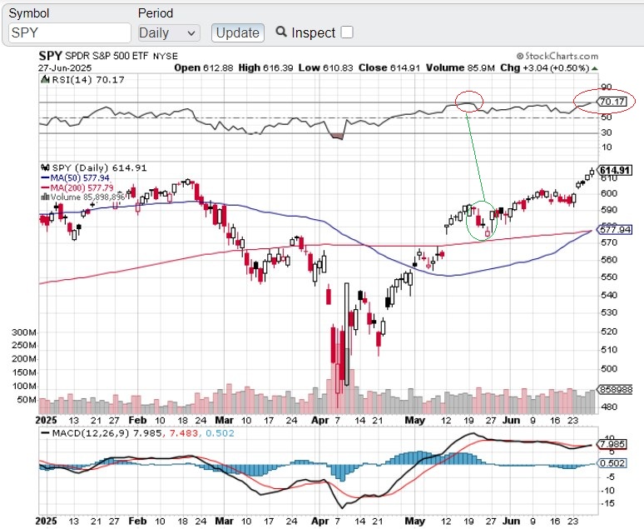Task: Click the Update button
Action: (x=238, y=32)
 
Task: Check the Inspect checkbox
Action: (x=347, y=32)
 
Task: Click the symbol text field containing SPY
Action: (x=70, y=32)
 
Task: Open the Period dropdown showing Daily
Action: (x=169, y=32)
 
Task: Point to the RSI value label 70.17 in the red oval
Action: (x=612, y=102)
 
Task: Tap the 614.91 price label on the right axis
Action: (x=616, y=170)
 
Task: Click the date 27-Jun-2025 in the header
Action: (x=64, y=67)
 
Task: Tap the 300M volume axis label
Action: (x=24, y=332)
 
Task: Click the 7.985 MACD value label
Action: (x=615, y=444)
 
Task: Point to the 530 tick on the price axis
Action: (x=609, y=312)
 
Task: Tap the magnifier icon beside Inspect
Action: (x=281, y=32)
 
